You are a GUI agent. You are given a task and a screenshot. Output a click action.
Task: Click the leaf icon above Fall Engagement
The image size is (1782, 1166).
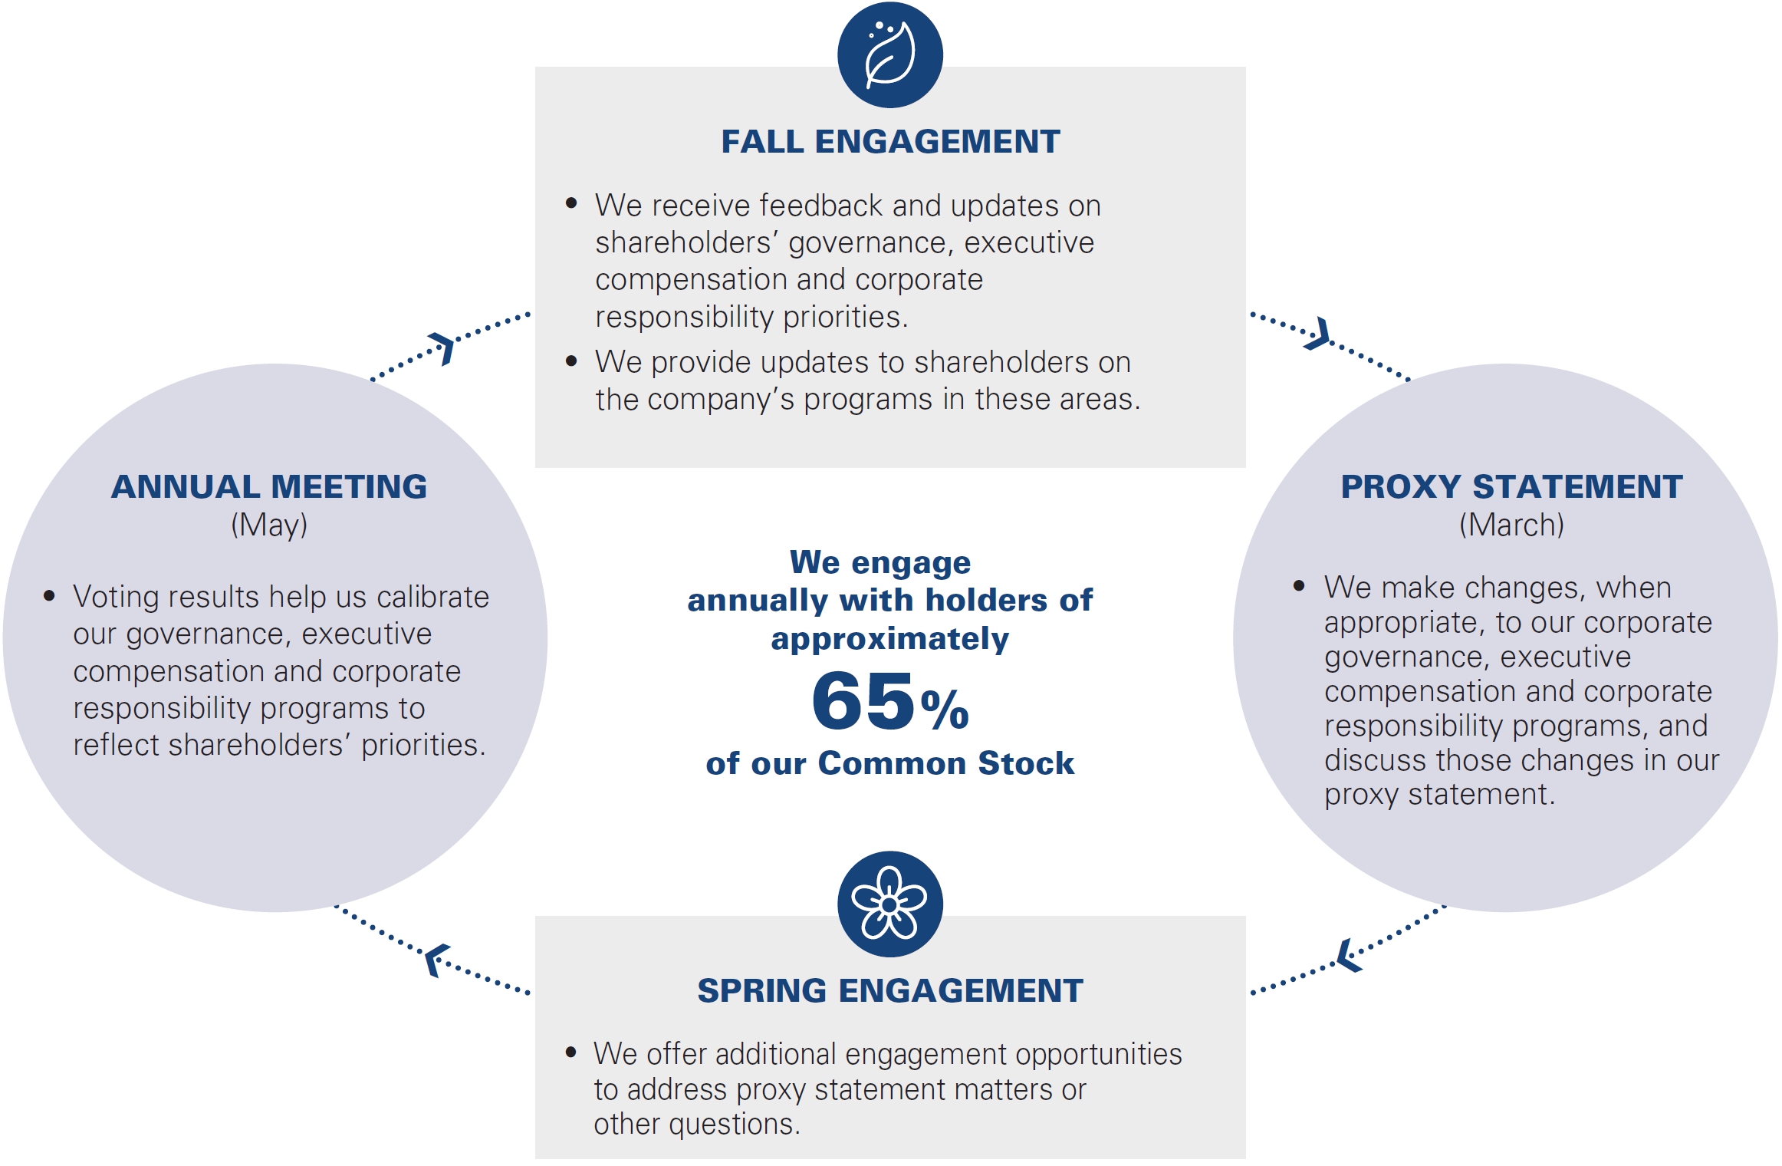click(x=890, y=54)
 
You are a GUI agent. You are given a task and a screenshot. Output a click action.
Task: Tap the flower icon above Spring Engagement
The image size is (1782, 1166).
click(x=890, y=904)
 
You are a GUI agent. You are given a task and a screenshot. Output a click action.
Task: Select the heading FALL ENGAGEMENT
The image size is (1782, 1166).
click(x=890, y=142)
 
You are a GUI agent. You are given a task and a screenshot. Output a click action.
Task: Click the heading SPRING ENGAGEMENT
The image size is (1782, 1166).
click(x=890, y=990)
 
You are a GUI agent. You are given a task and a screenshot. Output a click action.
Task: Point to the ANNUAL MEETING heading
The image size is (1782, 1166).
click(x=269, y=486)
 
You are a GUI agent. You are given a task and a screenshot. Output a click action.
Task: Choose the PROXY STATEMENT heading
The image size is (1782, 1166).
click(x=1511, y=486)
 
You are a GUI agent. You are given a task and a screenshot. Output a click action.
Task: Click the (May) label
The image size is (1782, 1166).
click(x=269, y=525)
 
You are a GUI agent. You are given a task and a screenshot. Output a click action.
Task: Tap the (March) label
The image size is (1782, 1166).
click(x=1511, y=525)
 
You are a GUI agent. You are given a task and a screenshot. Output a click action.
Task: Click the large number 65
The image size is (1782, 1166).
click(x=863, y=700)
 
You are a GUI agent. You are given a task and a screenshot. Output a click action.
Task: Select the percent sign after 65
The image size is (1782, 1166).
click(x=945, y=710)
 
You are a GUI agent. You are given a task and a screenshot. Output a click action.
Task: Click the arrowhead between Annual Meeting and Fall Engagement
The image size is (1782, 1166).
click(x=443, y=348)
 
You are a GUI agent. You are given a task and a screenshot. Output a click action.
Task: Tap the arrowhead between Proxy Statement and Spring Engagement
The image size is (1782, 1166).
click(x=1349, y=956)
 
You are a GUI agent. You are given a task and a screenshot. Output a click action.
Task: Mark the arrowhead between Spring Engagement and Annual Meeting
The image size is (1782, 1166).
click(x=437, y=960)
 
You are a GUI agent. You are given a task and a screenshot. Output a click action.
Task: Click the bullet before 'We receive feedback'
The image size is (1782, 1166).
click(x=571, y=203)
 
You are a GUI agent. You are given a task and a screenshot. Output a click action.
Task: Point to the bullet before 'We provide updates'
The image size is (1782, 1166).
click(x=571, y=361)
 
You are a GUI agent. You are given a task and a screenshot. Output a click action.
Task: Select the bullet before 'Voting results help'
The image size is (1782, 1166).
click(x=49, y=595)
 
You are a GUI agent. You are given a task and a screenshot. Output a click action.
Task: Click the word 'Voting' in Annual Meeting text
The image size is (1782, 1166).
click(x=117, y=598)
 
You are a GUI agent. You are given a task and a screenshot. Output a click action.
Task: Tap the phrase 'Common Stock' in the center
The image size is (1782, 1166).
click(x=946, y=763)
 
